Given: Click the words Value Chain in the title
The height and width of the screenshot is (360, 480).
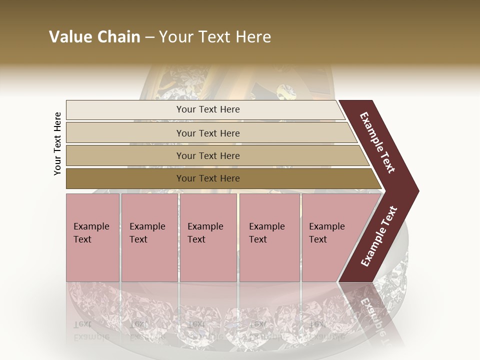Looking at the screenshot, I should (94, 37).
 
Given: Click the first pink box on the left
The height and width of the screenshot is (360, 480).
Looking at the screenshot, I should (92, 260).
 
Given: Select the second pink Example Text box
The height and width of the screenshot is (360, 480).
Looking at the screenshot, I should (149, 260).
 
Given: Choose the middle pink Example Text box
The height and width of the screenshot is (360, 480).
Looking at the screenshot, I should (208, 260).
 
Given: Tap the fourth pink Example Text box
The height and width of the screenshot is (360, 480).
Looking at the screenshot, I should (269, 260).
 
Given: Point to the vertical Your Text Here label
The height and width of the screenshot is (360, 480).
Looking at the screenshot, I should (57, 143).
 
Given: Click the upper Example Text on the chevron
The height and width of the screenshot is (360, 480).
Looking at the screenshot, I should (377, 142).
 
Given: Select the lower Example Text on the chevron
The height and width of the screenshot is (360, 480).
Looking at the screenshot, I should (378, 236).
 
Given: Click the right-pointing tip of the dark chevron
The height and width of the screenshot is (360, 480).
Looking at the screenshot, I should (415, 191).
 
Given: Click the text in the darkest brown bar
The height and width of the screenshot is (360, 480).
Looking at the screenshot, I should (208, 178).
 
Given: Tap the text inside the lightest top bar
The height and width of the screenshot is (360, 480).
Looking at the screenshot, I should (208, 109).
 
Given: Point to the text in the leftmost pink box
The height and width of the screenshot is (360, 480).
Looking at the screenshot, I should (91, 233).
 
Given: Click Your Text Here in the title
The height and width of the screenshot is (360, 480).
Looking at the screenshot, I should (215, 37).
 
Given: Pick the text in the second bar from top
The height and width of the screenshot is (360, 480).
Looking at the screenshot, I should (208, 133).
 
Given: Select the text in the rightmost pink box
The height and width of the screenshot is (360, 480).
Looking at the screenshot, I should (326, 233).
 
